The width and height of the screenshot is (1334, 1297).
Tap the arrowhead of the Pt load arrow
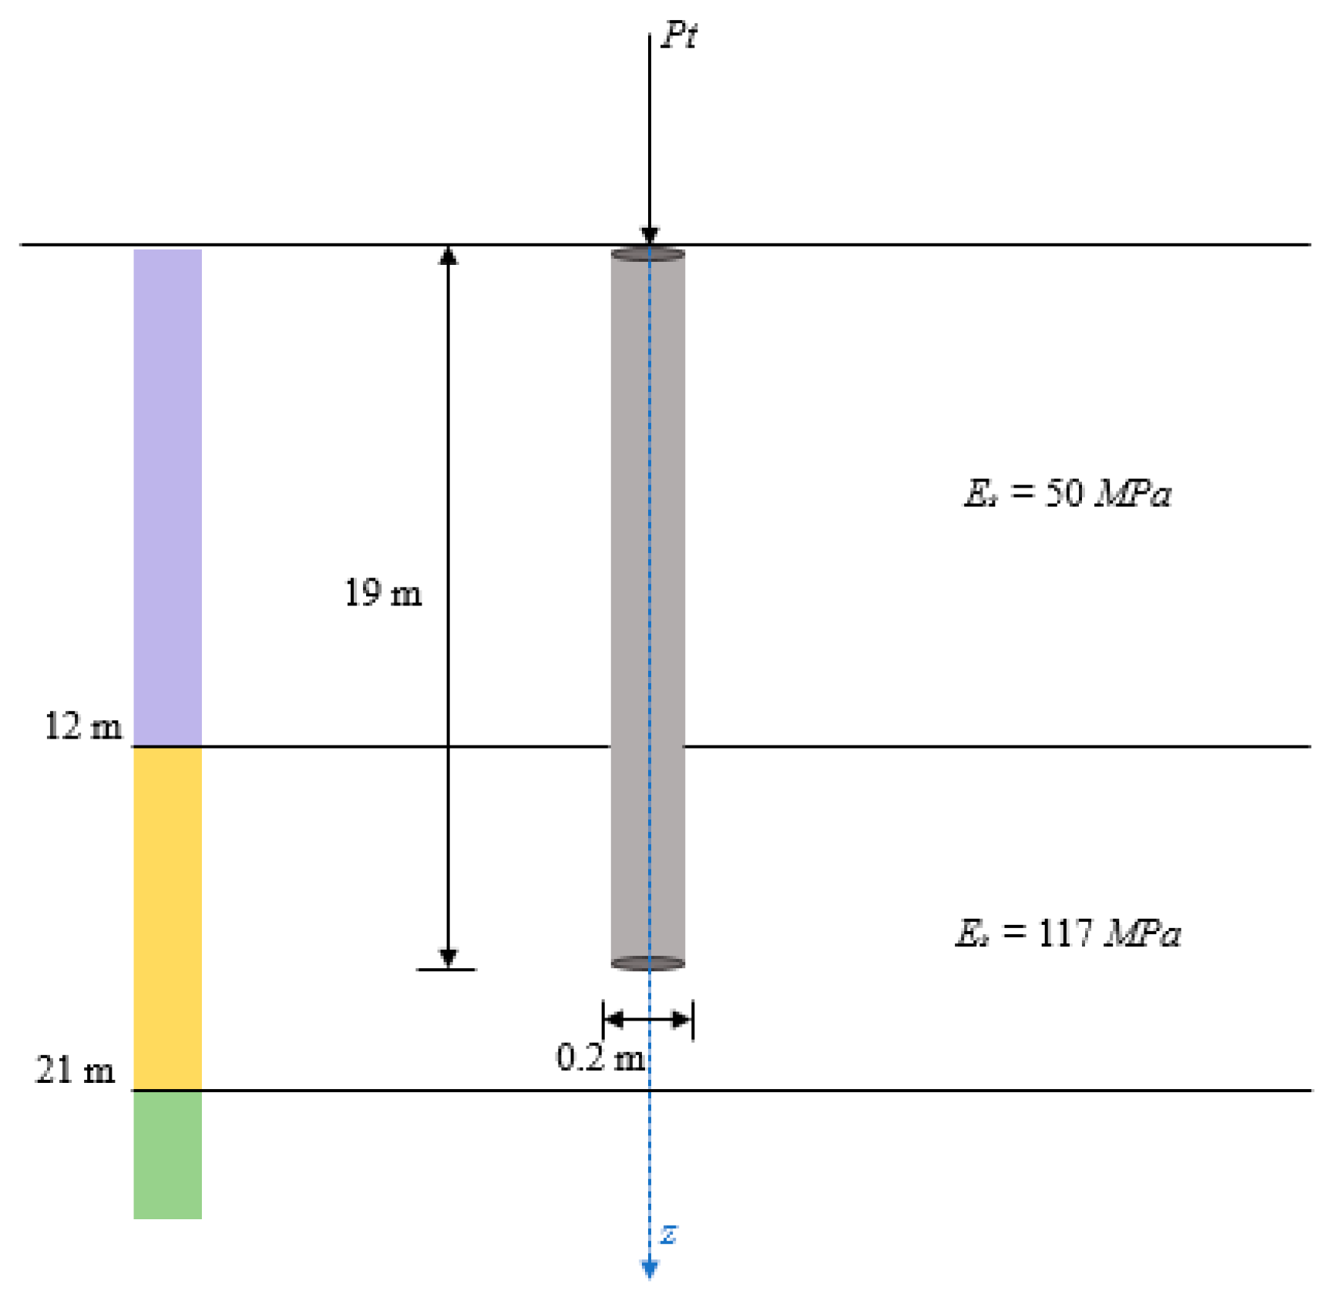point(650,235)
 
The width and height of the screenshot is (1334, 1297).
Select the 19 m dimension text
point(383,593)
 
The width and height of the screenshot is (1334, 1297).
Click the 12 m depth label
point(83,726)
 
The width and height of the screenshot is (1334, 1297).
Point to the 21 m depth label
point(76,1070)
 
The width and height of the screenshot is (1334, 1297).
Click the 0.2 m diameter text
point(601,1057)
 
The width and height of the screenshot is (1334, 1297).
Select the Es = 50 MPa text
point(1067,493)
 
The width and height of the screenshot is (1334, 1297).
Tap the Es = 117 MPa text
point(1067,933)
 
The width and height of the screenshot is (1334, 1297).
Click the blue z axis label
point(669,1234)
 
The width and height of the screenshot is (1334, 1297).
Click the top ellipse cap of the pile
point(648,254)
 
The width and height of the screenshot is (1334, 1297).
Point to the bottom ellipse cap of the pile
point(648,963)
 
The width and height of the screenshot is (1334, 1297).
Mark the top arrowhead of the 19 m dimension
point(449,256)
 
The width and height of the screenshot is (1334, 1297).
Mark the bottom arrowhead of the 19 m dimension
point(449,957)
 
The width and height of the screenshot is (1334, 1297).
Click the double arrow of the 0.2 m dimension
point(648,1020)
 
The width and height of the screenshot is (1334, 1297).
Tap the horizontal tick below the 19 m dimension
point(447,970)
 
